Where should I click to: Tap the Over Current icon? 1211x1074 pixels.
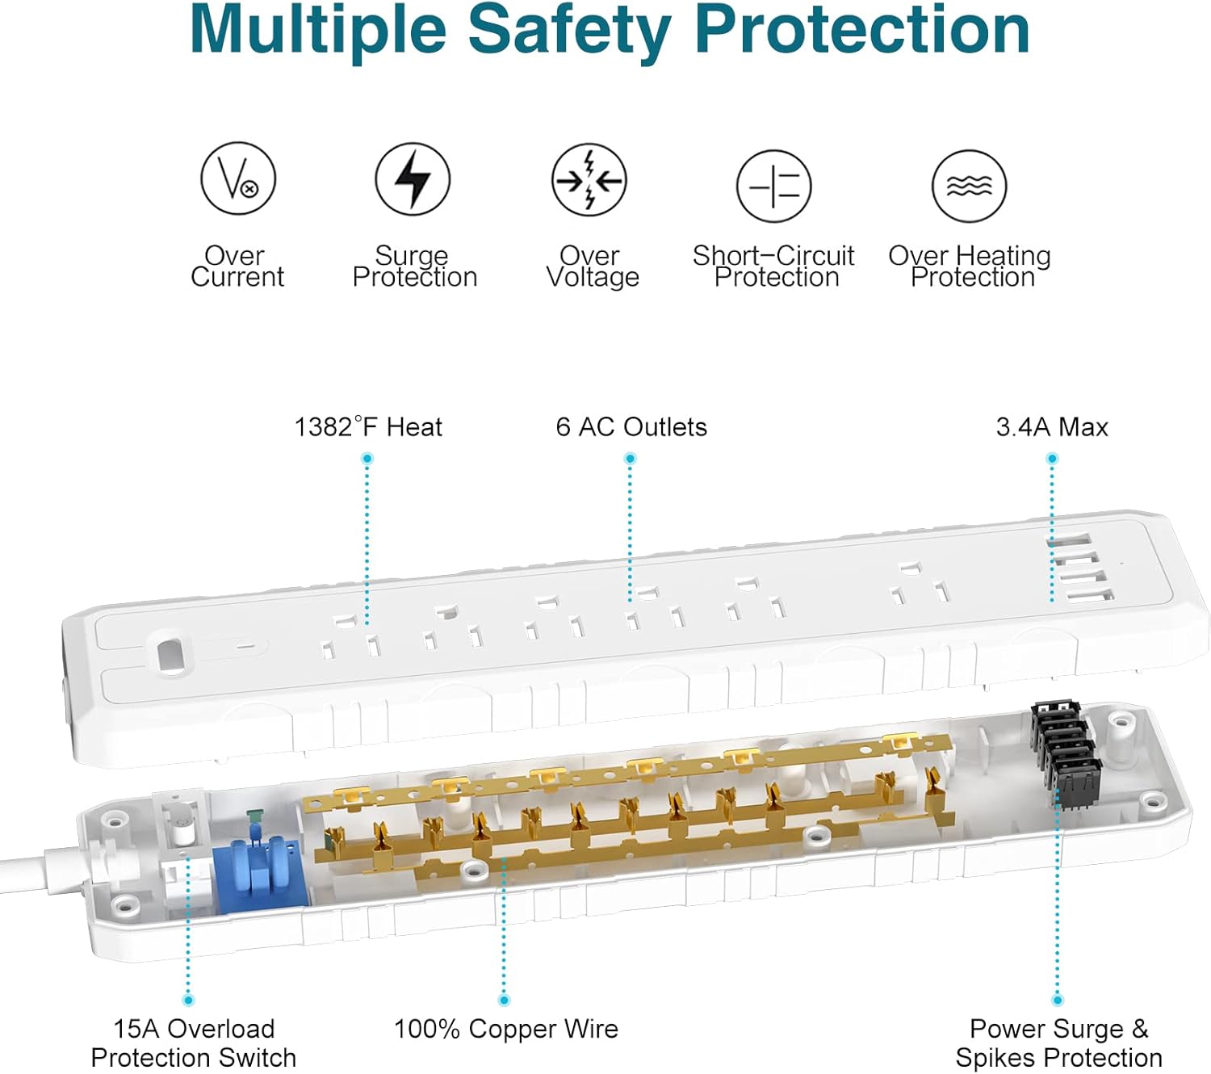click(x=238, y=178)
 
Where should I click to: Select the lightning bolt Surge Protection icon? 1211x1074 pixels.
click(x=413, y=178)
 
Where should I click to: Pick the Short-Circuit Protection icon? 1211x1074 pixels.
click(x=773, y=187)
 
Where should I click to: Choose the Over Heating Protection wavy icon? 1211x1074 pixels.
click(x=969, y=187)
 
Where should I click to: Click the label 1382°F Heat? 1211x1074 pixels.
click(x=368, y=427)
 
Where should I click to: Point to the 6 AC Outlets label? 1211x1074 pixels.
click(x=631, y=427)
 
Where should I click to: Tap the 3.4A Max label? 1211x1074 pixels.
click(x=1052, y=427)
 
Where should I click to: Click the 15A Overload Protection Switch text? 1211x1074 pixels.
click(x=194, y=1043)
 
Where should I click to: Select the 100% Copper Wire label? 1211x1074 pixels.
click(x=505, y=1030)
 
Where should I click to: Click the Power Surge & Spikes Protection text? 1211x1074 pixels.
click(x=1058, y=1043)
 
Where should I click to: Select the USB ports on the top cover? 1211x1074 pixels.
click(x=1080, y=568)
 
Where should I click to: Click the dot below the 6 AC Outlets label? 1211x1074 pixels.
click(x=631, y=459)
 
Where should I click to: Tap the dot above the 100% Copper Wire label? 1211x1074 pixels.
click(x=504, y=1001)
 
